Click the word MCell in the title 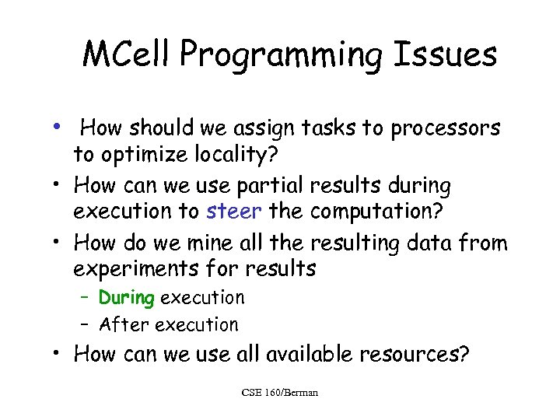(126, 55)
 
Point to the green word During (127, 297)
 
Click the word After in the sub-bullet (124, 324)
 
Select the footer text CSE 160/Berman (279, 393)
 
